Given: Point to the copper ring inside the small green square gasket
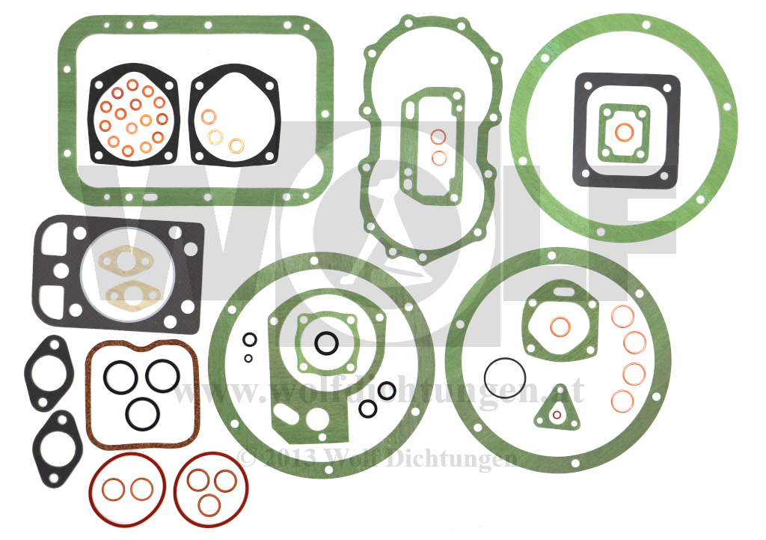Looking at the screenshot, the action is click(624, 124).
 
